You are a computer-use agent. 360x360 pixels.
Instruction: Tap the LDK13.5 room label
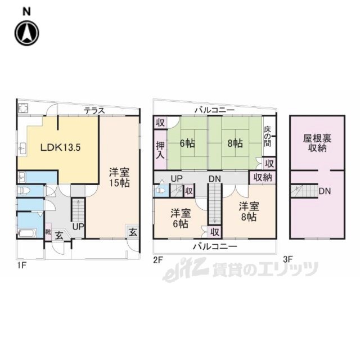pos(60,147)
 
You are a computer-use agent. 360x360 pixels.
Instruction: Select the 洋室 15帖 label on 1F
pos(119,177)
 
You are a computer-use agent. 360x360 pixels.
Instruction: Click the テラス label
pos(94,111)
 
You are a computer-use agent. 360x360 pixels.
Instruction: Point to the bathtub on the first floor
pos(27,233)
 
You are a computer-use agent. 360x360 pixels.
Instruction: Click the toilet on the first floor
pos(24,190)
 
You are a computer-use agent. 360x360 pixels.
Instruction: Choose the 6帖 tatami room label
pos(187,143)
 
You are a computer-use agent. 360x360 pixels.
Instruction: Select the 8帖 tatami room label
pos(235,143)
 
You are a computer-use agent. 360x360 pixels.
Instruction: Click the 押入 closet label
pos(160,150)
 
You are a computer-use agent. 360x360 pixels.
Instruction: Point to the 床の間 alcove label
pos(268,136)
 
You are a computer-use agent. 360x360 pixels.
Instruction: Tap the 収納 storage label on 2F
pos(263,177)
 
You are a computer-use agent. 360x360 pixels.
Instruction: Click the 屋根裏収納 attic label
pos(317,143)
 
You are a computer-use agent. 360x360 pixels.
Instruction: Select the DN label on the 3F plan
pos(325,191)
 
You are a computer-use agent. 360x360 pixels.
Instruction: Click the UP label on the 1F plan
pos(78,227)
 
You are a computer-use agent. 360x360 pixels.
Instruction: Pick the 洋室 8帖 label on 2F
pos(249,211)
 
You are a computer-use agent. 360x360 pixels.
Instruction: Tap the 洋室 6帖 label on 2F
pos(181,218)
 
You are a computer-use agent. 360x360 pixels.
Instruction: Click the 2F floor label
pos(158,260)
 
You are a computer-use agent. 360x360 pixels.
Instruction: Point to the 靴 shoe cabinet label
pos(48,232)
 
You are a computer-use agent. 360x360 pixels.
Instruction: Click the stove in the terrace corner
pos(23,108)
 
